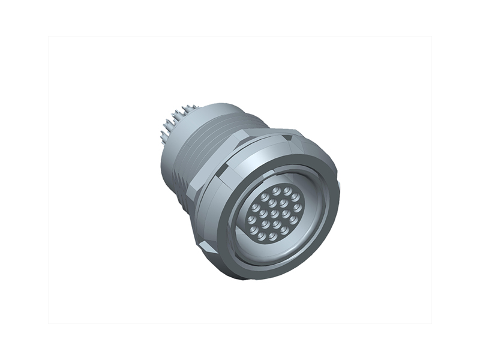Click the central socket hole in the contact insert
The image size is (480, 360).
(x=273, y=214)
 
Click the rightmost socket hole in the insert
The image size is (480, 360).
(x=298, y=208)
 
